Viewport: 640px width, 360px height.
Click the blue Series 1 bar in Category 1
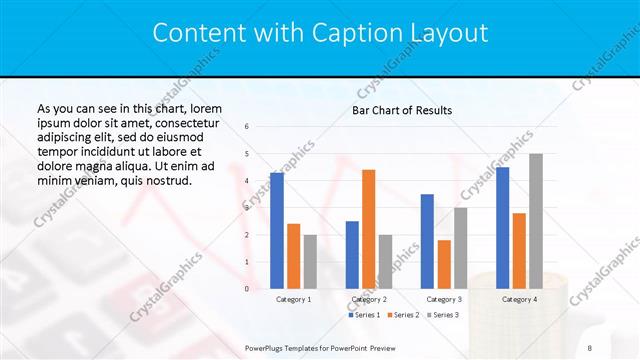coord(276,230)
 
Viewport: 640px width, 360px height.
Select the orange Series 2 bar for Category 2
coord(369,229)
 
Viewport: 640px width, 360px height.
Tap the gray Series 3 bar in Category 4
coord(536,221)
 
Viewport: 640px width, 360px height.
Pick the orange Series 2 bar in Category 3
coord(444,264)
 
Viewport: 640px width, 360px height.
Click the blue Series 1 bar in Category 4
coord(502,227)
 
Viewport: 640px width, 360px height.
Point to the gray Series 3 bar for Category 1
coord(310,261)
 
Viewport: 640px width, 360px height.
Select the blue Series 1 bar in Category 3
coord(427,241)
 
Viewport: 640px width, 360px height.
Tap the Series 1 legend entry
coord(366,315)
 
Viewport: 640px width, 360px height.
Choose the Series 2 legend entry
coord(403,315)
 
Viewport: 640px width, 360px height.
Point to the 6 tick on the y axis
coord(247,127)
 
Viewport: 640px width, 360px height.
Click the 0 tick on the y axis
coord(247,289)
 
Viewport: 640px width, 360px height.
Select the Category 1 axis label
coord(293,299)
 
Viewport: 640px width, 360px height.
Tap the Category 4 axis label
coord(519,299)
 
